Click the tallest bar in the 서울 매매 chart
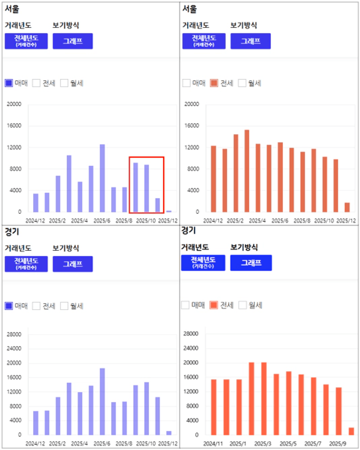[x=102, y=178]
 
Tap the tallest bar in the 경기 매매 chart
[x=102, y=401]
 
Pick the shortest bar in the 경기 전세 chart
[x=351, y=431]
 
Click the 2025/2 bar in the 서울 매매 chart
[x=58, y=194]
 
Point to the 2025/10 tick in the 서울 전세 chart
[x=324, y=221]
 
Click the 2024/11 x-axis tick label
[x=213, y=443]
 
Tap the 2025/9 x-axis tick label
[x=338, y=443]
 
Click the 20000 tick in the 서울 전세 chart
[x=192, y=104]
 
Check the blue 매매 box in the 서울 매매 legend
[x=9, y=83]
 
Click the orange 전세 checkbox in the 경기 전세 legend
[x=213, y=305]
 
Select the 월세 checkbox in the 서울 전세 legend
[x=242, y=83]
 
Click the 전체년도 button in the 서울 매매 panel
[x=26, y=41]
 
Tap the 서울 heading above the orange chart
[x=189, y=9]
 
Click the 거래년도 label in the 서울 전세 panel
[x=195, y=25]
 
